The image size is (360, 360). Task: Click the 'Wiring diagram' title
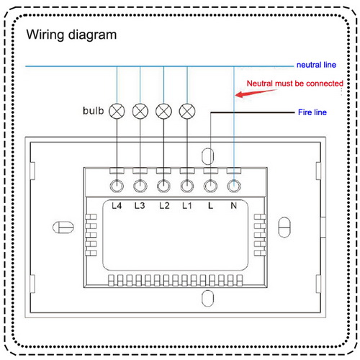click(71, 35)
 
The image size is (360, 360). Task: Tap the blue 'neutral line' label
click(316, 65)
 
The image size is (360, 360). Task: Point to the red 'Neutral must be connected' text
click(295, 84)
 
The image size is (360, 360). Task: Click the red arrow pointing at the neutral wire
click(256, 93)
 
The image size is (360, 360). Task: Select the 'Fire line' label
click(312, 112)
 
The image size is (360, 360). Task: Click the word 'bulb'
click(93, 111)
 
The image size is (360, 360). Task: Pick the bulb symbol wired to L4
click(117, 112)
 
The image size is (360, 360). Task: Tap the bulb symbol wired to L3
click(140, 112)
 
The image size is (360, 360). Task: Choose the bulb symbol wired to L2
click(163, 112)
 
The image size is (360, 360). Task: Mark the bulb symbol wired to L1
click(187, 112)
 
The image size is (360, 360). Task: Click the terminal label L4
click(117, 206)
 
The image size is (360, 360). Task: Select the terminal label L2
click(164, 206)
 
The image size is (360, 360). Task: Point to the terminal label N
click(234, 206)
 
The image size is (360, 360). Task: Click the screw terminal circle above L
click(210, 186)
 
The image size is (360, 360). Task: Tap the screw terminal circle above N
click(234, 186)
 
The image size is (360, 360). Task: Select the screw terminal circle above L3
click(140, 186)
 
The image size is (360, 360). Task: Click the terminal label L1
click(187, 206)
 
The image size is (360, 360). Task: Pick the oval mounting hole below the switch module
click(207, 298)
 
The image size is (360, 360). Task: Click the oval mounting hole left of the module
click(63, 228)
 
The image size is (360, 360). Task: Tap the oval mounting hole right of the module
click(284, 228)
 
